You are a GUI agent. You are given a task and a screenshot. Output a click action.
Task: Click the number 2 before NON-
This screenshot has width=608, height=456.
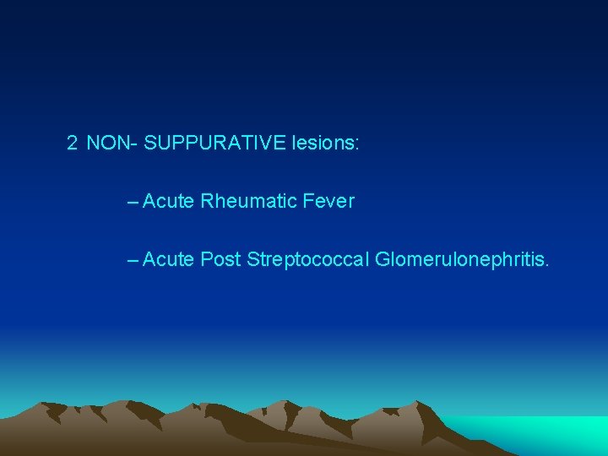coord(72,143)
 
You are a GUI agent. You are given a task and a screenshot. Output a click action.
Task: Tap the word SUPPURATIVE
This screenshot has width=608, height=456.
coord(214,143)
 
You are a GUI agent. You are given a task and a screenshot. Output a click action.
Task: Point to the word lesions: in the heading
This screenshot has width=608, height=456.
coord(325,143)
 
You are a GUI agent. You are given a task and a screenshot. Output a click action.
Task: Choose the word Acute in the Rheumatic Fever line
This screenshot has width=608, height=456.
coord(169,202)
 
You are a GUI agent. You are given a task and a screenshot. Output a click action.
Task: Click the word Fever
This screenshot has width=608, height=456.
coord(327,202)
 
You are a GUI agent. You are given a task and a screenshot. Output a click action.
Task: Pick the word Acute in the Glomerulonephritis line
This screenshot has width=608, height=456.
coord(169,259)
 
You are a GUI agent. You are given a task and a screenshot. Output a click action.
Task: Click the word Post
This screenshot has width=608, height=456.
coord(220,259)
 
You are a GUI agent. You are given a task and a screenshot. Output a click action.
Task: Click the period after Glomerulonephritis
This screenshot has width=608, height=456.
coord(547,265)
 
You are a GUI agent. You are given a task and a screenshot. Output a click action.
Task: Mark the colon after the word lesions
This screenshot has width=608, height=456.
coord(357,144)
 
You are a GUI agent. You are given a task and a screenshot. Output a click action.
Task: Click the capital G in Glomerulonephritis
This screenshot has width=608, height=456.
coord(383,259)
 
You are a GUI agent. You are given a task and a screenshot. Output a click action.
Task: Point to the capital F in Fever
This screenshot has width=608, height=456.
coord(306,202)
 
